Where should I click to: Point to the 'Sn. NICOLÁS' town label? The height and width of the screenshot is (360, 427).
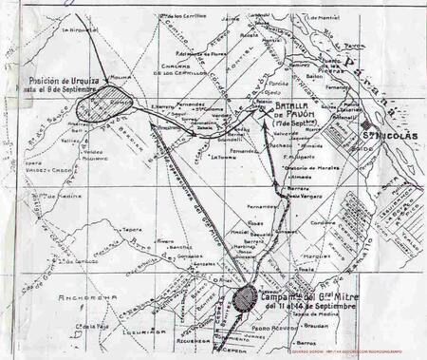(x=389, y=135)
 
